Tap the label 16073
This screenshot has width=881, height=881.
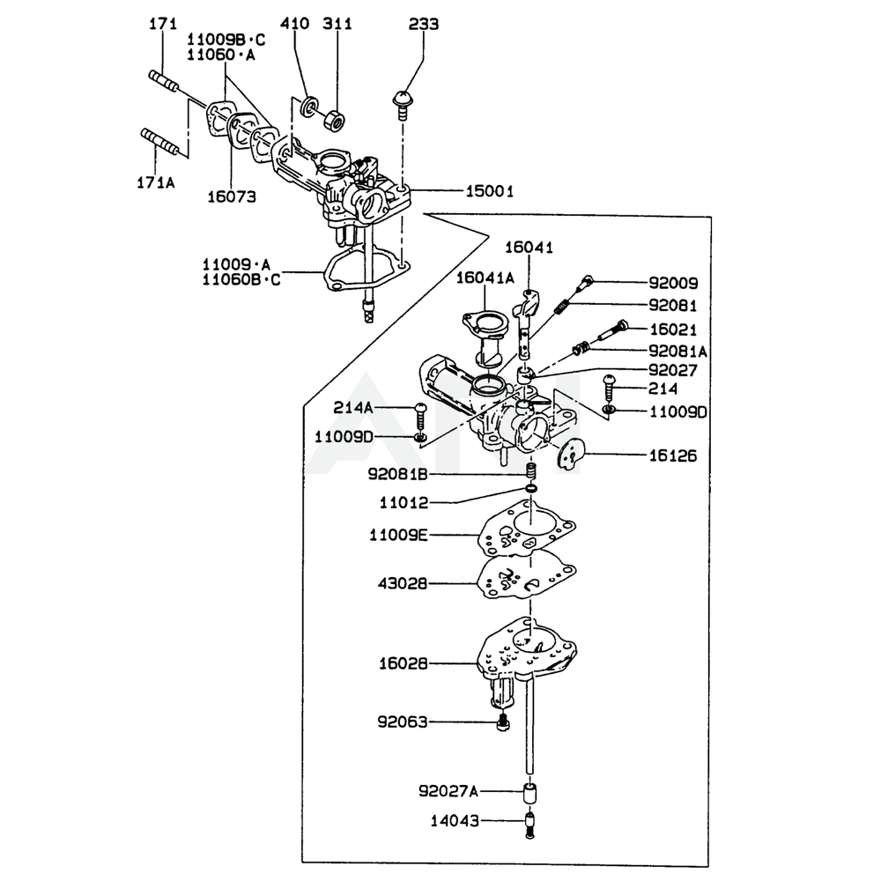(233, 197)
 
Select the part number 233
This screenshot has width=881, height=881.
(423, 24)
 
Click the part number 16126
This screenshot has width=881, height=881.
(673, 455)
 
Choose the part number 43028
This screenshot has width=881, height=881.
(403, 583)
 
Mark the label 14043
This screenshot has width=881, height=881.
(455, 821)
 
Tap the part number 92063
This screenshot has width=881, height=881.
(403, 722)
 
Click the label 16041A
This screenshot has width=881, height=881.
(485, 278)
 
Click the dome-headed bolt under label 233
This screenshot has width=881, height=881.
(403, 101)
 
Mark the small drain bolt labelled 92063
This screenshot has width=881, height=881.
(503, 723)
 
